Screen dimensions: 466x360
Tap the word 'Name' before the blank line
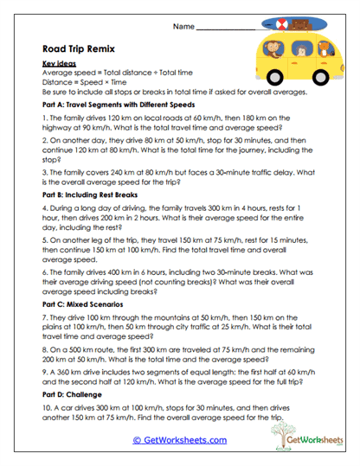click(183, 28)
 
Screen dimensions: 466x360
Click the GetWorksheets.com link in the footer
click(180, 440)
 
